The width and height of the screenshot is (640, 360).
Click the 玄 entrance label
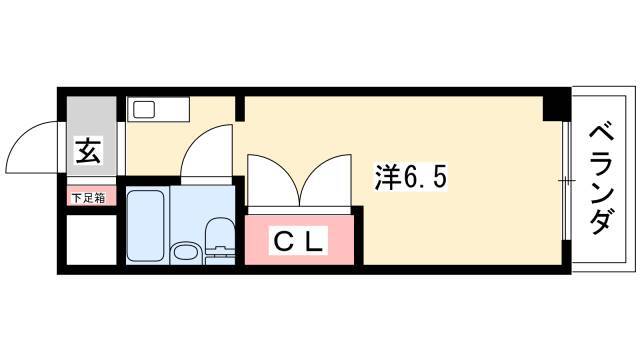(88, 150)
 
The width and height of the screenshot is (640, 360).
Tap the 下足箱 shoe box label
(88, 198)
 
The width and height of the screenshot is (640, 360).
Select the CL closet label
(300, 241)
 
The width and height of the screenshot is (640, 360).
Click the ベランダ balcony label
(601, 180)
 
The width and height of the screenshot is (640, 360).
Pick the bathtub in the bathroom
(146, 225)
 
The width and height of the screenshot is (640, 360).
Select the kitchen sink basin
(144, 109)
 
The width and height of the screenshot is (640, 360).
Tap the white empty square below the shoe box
(91, 240)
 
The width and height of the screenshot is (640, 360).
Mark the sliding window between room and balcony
(565, 180)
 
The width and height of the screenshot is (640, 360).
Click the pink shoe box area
(91, 196)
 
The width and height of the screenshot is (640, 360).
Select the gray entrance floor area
(91, 136)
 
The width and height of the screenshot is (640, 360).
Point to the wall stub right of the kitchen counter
(240, 109)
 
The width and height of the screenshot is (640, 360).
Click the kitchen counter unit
(158, 109)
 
